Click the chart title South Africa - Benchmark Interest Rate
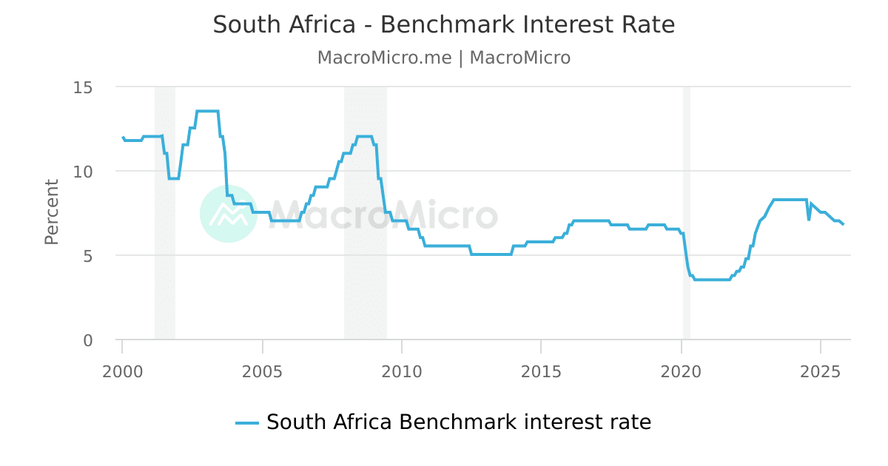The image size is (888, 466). coord(444,25)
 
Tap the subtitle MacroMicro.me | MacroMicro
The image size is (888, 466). coord(444,58)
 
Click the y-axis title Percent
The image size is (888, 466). coord(52,212)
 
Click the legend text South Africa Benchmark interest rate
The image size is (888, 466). coord(459,422)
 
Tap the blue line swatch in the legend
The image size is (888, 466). coord(247,423)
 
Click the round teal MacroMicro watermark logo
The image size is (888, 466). coord(229,214)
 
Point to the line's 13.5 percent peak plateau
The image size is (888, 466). coord(207,111)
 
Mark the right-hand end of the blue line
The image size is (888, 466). coord(843,224)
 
